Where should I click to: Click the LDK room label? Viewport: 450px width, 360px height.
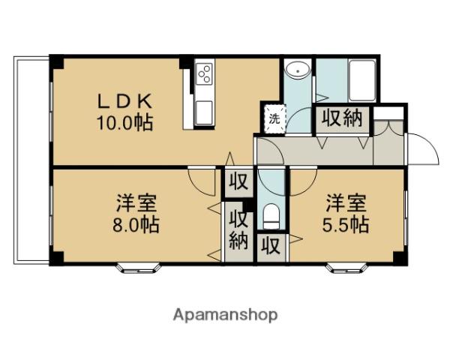coord(125,100)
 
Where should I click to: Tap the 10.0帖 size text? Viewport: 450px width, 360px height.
coord(125,121)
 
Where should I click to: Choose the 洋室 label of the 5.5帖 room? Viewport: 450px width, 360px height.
coord(346,202)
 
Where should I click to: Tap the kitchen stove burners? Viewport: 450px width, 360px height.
coord(205,74)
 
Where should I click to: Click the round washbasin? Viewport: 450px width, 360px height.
coord(298,71)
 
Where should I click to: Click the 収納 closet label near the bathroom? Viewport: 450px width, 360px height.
coord(343,118)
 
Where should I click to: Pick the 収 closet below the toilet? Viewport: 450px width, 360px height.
coord(271,246)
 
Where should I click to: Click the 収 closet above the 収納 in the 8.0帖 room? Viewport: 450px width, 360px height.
coord(238,182)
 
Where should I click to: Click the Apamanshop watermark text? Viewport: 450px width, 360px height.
coord(226,314)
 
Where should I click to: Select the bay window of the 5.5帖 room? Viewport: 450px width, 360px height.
coord(346,265)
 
